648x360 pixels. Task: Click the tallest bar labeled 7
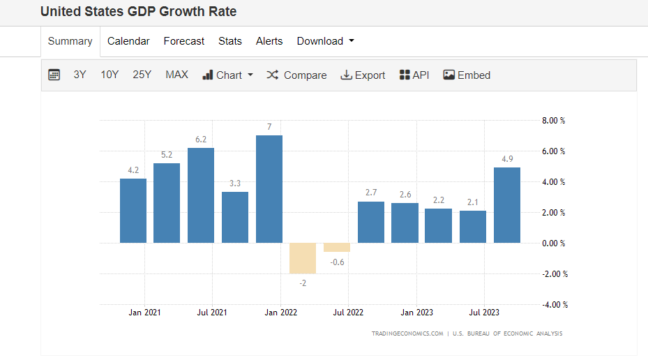click(x=269, y=188)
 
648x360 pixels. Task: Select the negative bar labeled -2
click(x=303, y=258)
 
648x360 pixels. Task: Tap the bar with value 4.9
click(x=507, y=205)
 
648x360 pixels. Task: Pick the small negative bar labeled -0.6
click(x=337, y=248)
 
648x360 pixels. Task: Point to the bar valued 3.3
click(x=235, y=217)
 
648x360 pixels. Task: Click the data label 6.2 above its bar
click(x=201, y=140)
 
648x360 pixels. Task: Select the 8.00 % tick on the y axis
click(x=553, y=121)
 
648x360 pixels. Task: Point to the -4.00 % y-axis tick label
click(x=555, y=305)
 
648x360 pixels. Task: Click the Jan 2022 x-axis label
click(x=280, y=313)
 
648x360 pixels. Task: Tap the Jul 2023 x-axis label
click(x=483, y=313)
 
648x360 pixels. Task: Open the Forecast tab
click(x=184, y=41)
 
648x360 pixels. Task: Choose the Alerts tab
click(x=269, y=41)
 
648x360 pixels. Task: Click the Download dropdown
click(x=325, y=41)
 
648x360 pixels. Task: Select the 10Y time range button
click(x=110, y=75)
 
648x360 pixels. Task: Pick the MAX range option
click(x=176, y=75)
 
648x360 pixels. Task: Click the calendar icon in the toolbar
click(x=54, y=75)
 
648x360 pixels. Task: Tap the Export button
click(x=363, y=75)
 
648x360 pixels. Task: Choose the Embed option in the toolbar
click(x=467, y=75)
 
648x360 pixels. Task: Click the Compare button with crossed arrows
click(x=296, y=75)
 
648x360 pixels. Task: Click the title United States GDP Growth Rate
click(x=138, y=12)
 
